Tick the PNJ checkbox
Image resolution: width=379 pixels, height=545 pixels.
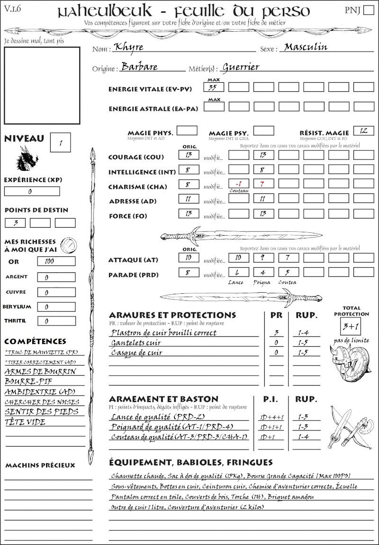tap(368, 10)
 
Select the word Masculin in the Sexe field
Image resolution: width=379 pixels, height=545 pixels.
tap(306, 47)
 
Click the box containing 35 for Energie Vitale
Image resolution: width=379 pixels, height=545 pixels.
tap(214, 87)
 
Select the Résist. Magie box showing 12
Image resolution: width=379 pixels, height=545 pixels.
tap(363, 131)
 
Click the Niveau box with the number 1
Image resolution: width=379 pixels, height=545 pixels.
tap(61, 142)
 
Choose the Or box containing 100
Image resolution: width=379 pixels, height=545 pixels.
tap(56, 261)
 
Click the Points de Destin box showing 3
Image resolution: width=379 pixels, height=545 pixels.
tap(15, 223)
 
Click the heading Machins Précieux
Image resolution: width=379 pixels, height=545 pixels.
tap(40, 465)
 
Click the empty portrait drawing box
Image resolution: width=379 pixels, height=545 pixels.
tap(42, 85)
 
